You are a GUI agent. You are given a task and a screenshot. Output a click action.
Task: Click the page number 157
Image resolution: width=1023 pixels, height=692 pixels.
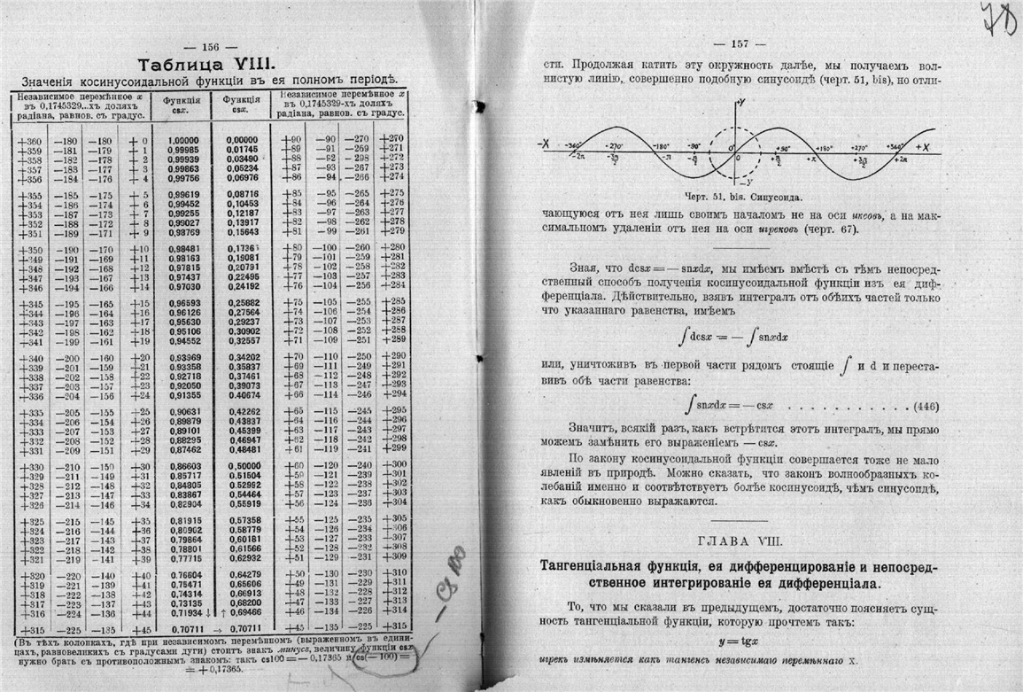click(741, 45)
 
